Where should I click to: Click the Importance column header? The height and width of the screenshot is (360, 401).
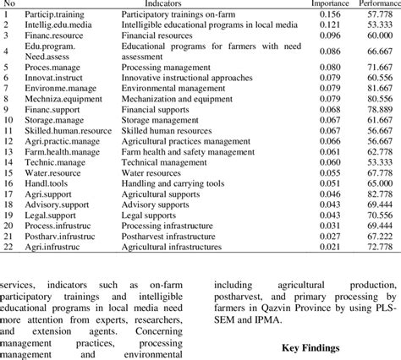point(331,4)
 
